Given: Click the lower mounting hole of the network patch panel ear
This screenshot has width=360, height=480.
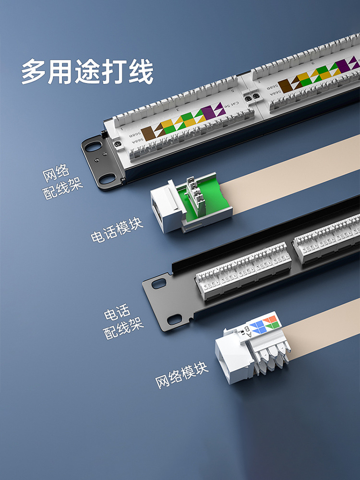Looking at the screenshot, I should (108, 179).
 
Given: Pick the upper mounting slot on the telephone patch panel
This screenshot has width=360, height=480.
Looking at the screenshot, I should (159, 284).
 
